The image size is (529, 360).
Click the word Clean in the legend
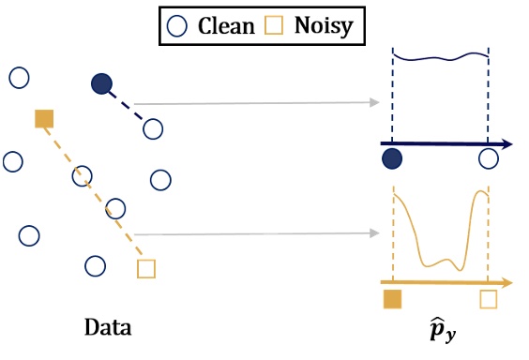[x=226, y=25]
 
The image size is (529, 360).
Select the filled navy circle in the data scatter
[x=102, y=85]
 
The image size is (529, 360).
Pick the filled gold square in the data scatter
[x=43, y=118]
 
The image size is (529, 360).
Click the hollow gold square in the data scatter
[x=145, y=269]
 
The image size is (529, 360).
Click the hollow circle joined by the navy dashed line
[x=153, y=128]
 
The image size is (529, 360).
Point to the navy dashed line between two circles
[x=128, y=107]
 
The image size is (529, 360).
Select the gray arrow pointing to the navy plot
[x=253, y=102]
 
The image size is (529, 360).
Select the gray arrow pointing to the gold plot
[x=253, y=233]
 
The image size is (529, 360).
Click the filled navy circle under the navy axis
[x=393, y=159]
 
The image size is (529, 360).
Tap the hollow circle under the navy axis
[x=488, y=159]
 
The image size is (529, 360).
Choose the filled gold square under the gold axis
[x=393, y=299]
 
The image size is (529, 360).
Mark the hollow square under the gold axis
[x=488, y=299]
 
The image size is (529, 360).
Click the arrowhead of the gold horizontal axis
[x=506, y=281]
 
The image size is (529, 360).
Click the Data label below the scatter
[x=107, y=329]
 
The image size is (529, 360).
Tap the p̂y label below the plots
[x=440, y=331]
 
